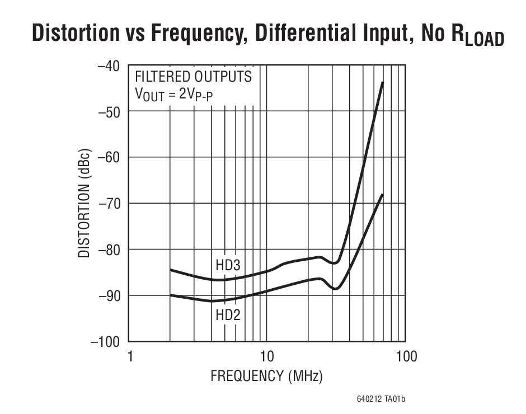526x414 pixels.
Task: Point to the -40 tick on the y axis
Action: (x=109, y=65)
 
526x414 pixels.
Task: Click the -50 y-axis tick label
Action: (x=109, y=111)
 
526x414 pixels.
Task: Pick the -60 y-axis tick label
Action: (x=109, y=157)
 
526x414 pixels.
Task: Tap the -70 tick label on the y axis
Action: (x=109, y=203)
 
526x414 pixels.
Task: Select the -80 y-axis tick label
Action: (x=109, y=249)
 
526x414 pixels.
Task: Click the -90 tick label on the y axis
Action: (x=109, y=295)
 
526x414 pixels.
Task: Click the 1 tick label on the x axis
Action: (x=130, y=356)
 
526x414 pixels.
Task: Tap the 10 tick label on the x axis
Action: (x=266, y=356)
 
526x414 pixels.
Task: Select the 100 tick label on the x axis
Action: (x=405, y=356)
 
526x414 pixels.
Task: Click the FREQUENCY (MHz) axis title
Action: (x=266, y=377)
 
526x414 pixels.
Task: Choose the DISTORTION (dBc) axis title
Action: (x=84, y=203)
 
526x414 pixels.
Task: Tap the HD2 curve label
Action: (x=228, y=316)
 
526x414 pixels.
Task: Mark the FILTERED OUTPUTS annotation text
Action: (x=193, y=77)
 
